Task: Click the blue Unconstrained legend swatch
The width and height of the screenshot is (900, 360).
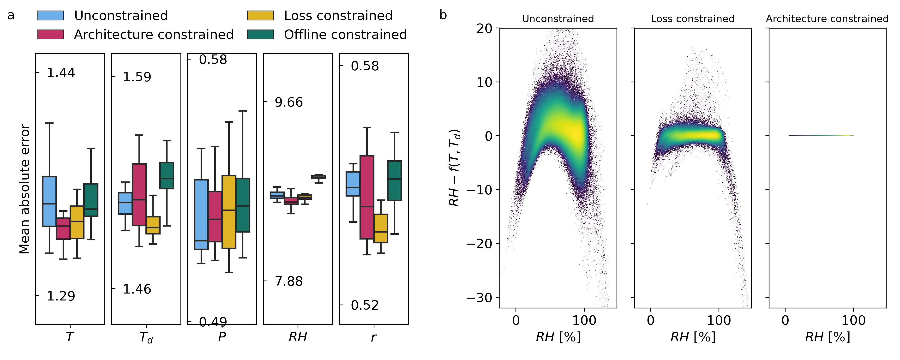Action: (51, 16)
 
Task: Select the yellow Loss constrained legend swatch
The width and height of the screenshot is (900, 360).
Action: (260, 16)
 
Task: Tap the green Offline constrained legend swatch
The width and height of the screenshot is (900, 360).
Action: (260, 35)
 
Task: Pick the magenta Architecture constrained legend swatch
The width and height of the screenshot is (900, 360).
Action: (51, 35)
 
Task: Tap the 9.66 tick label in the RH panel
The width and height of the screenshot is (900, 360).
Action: (288, 102)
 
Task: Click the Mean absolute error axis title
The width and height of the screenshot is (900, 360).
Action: (24, 189)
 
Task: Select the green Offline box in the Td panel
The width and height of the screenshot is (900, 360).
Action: (167, 175)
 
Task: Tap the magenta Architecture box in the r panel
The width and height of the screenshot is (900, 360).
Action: (367, 198)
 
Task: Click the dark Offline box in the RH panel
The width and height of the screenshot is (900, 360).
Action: (319, 177)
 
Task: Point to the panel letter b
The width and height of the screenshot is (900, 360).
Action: (443, 15)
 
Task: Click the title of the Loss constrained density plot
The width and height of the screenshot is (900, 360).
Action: (692, 18)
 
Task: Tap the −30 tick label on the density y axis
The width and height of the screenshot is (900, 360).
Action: (478, 298)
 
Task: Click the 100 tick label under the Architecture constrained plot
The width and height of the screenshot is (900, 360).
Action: (853, 320)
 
